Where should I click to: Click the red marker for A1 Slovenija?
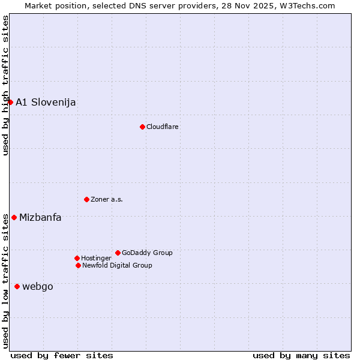click(10, 102)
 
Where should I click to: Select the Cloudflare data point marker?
click(142, 127)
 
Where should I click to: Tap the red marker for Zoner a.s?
click(86, 199)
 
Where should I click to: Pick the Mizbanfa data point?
click(14, 217)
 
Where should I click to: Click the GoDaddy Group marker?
click(118, 253)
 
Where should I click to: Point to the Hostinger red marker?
click(77, 258)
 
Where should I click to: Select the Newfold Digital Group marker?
click(78, 265)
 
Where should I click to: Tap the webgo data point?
click(17, 286)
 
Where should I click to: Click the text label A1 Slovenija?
click(46, 102)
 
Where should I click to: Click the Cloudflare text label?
click(163, 127)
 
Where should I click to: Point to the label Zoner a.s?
click(107, 199)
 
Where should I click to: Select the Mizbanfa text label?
click(40, 217)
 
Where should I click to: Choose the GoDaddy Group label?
click(147, 253)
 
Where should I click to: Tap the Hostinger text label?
click(96, 258)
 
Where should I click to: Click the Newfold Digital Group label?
click(117, 265)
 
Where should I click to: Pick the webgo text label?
click(38, 286)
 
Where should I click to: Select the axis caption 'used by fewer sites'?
click(62, 355)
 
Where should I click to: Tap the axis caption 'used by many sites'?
click(301, 355)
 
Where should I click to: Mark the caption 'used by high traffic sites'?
click(5, 85)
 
